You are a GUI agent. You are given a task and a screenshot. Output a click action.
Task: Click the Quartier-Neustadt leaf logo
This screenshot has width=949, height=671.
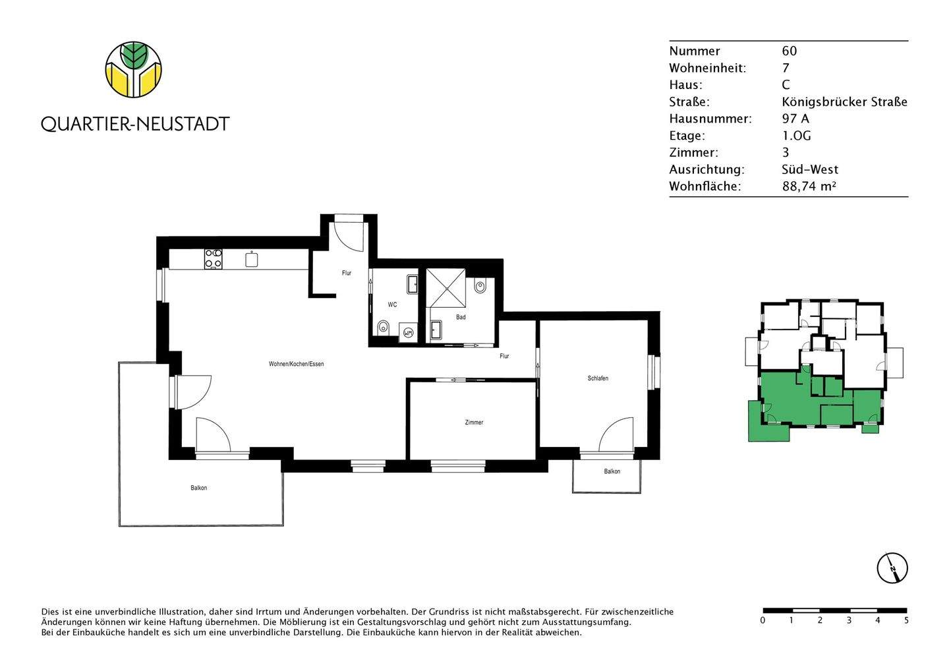tap(134, 69)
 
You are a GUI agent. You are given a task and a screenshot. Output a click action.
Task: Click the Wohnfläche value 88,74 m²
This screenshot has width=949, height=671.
tap(809, 187)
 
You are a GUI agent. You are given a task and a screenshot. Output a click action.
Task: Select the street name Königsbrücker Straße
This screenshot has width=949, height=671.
tap(844, 102)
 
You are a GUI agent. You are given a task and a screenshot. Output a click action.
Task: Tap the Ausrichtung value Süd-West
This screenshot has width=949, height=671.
tap(810, 169)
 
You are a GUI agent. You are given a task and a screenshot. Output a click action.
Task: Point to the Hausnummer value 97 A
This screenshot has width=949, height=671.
tap(795, 119)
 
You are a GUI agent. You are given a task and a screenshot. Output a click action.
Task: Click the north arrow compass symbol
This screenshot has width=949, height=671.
tap(892, 568)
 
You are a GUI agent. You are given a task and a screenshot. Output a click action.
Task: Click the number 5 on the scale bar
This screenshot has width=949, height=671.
tap(906, 620)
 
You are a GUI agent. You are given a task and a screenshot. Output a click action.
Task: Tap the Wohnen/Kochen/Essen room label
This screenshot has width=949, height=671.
tap(296, 364)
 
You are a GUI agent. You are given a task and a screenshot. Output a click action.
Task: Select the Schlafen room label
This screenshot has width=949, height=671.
tap(598, 378)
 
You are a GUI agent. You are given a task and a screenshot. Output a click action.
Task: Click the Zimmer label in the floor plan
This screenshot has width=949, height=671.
tap(474, 423)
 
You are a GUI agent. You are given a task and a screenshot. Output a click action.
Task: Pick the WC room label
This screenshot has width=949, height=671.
tap(392, 305)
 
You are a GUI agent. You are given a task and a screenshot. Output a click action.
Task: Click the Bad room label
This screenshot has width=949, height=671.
tap(461, 317)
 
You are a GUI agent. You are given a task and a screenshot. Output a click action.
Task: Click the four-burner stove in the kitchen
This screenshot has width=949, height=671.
tap(213, 258)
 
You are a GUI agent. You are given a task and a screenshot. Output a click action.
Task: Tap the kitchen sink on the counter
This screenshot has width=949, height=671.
tap(251, 260)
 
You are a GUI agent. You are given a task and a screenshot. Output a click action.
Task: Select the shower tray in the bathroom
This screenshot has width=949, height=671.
tap(446, 288)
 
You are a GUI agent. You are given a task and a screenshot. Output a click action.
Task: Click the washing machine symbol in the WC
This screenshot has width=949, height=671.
tap(408, 334)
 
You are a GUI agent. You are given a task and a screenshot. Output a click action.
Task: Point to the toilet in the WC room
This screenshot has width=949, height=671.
tap(383, 327)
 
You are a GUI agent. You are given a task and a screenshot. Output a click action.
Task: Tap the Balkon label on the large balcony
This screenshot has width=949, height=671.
tap(199, 488)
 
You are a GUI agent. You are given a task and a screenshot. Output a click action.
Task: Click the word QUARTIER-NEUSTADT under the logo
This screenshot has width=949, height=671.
tap(135, 124)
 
